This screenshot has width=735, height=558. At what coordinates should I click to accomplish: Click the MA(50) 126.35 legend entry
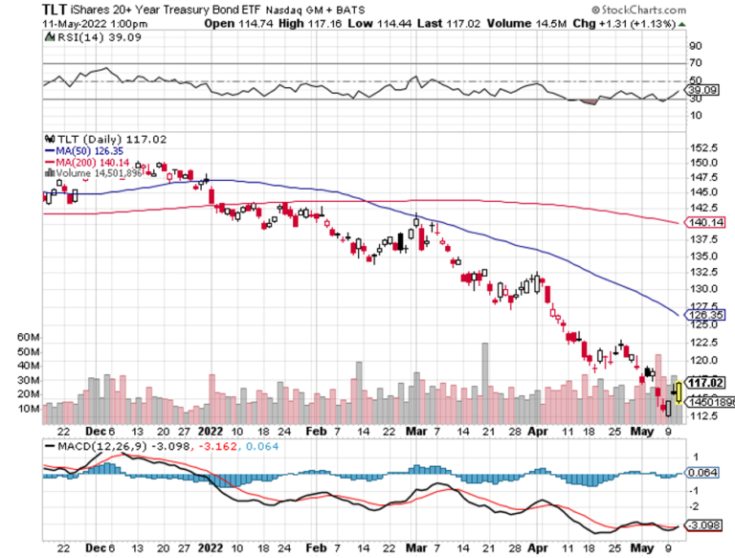pos(84,150)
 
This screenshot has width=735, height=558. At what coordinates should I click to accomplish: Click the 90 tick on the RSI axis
pos(696,45)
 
